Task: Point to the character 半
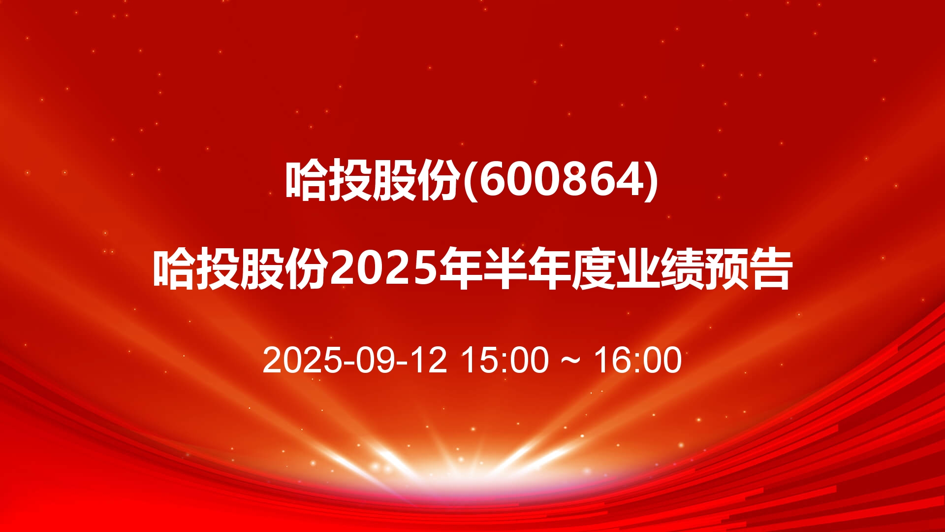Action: click(504, 269)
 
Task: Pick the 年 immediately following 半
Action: click(549, 269)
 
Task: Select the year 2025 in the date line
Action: click(302, 360)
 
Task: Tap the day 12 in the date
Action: click(429, 360)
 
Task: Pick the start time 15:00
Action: click(504, 360)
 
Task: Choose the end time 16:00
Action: click(638, 360)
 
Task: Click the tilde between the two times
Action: click(571, 361)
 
